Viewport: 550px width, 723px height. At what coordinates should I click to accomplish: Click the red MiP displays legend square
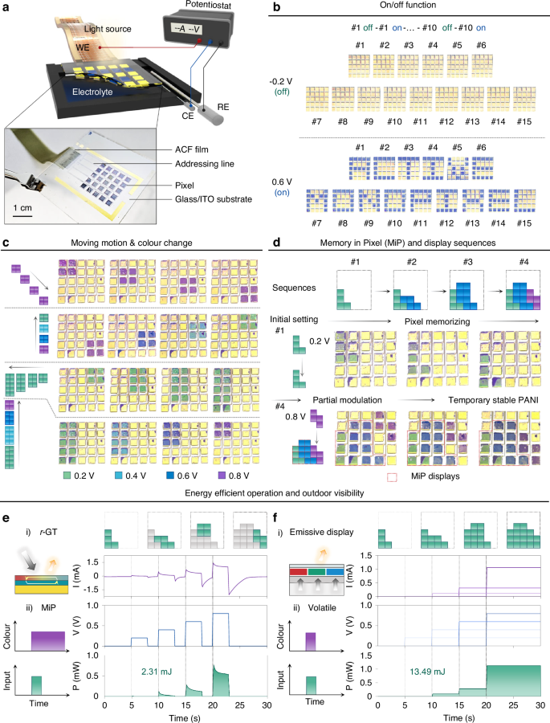(392, 476)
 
